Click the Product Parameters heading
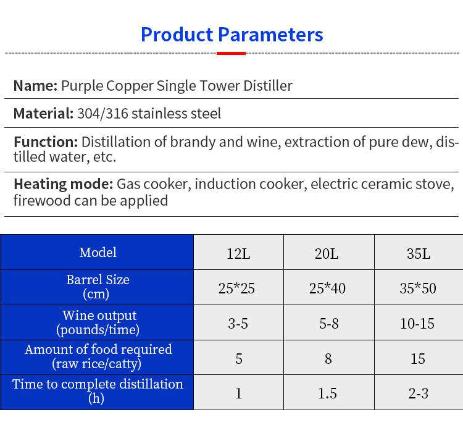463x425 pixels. pos(231,34)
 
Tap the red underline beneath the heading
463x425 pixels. pos(231,54)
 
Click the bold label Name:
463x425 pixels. pos(35,85)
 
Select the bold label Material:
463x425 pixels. pos(44,114)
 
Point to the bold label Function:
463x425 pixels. pos(46,142)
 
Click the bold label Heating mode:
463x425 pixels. pos(63,184)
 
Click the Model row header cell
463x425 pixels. pos(98,252)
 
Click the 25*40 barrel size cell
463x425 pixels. pos(328,288)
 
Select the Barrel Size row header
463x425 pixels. pos(98,287)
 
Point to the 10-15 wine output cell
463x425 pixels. pos(418,324)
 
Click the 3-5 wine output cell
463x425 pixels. pos(238,324)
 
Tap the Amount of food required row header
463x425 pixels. pos(98,356)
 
